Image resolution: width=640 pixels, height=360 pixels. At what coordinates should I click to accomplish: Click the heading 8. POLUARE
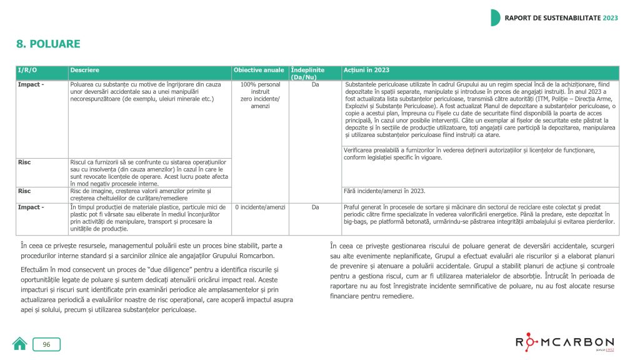click(x=48, y=44)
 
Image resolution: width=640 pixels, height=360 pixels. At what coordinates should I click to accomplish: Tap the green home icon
click(x=20, y=344)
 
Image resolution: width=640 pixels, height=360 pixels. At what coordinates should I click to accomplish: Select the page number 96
click(x=47, y=344)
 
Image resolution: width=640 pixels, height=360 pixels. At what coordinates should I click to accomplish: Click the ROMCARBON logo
click(x=564, y=342)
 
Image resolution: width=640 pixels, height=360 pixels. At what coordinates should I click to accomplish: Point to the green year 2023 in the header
click(x=610, y=17)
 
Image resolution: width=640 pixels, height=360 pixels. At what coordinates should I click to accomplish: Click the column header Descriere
click(x=84, y=71)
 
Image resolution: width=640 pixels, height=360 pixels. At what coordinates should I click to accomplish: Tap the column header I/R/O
click(x=27, y=71)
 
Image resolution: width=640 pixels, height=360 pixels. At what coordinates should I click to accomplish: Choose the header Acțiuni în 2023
click(x=367, y=71)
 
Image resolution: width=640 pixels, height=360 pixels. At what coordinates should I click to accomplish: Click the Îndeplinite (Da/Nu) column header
click(x=307, y=73)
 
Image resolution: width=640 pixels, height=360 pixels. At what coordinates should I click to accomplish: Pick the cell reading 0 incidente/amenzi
click(x=260, y=207)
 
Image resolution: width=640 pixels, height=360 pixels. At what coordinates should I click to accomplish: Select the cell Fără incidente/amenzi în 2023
click(x=385, y=191)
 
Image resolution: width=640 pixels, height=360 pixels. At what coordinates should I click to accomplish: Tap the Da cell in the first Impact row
click(x=316, y=84)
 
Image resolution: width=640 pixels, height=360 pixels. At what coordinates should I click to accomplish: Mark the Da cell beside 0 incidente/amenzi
click(x=316, y=207)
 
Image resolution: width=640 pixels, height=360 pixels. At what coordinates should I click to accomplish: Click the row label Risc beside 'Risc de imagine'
click(x=24, y=191)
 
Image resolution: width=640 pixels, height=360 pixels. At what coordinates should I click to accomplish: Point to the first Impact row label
click(x=31, y=84)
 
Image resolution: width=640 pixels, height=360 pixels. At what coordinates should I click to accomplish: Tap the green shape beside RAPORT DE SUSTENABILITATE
click(x=495, y=17)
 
